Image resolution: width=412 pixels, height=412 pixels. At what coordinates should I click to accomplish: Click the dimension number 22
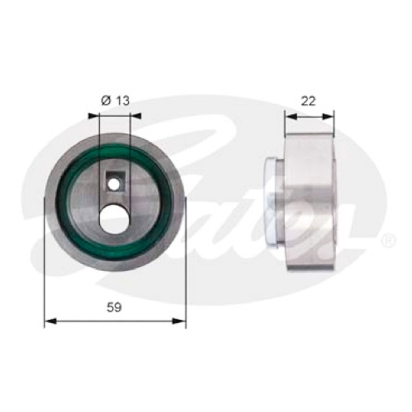click(308, 101)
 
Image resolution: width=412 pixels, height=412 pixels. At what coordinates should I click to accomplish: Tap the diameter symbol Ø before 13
click(106, 101)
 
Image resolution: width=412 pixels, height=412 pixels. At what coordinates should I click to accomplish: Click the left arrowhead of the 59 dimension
click(50, 321)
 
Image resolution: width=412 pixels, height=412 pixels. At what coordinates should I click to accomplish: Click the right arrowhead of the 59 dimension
click(180, 321)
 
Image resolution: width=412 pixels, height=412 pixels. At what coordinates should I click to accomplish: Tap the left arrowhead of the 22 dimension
click(290, 117)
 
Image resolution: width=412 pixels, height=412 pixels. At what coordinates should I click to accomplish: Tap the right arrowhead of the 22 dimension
click(329, 117)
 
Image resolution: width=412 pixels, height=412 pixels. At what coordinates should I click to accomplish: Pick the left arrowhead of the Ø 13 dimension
click(93, 116)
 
